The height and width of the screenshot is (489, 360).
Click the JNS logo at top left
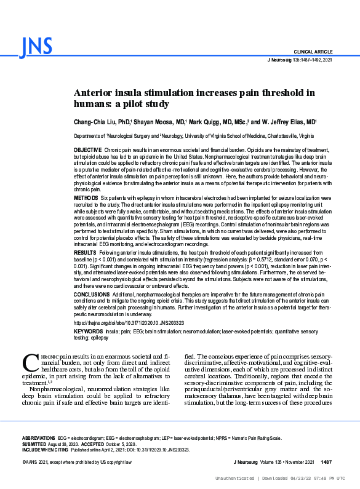pyautogui.click(x=36, y=47)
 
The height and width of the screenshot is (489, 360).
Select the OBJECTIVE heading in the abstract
pyautogui.click(x=88, y=150)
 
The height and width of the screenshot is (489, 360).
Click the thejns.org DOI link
pyautogui.click(x=129, y=322)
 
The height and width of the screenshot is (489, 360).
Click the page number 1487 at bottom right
pyautogui.click(x=326, y=461)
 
